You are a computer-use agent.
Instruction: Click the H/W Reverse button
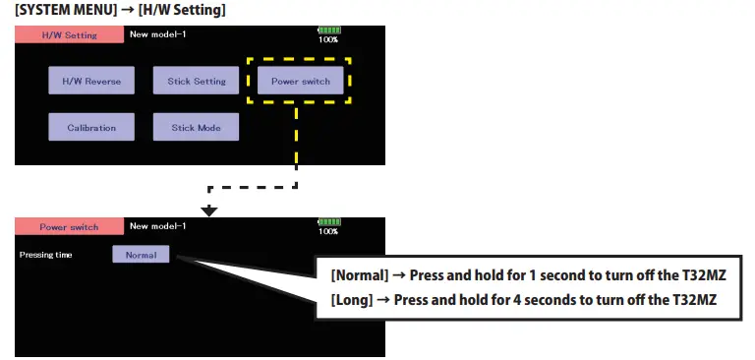pos(91,81)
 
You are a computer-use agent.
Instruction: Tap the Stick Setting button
pos(196,81)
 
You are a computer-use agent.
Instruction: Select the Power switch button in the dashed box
pos(301,81)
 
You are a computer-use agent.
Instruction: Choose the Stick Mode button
pos(196,127)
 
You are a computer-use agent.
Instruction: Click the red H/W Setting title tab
pos(68,34)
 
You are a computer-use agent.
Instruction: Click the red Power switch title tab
pos(68,226)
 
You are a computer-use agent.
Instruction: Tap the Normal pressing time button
pos(141,254)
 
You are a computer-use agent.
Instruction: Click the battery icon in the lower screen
pos(329,222)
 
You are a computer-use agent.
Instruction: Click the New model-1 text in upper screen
pos(157,34)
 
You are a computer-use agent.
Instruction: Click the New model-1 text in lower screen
pos(157,226)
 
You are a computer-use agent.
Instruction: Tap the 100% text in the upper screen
pos(328,40)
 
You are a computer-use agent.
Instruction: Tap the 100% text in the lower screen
pos(328,232)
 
